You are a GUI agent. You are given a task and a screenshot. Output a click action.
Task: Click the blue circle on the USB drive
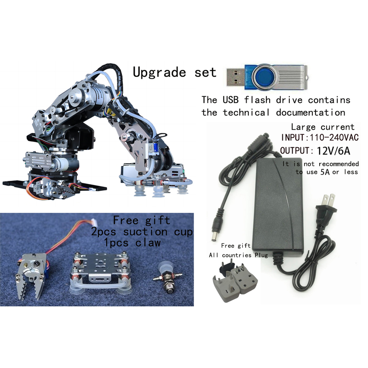[x=264, y=77]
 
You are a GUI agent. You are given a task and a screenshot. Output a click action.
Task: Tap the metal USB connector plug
[x=236, y=77]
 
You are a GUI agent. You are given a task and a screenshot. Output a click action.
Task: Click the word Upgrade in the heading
[x=159, y=72]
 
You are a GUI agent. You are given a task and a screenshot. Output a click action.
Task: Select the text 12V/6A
[x=333, y=151]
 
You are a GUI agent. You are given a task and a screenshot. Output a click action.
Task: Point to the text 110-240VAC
[x=334, y=137]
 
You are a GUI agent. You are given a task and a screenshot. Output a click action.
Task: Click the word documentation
[x=310, y=113]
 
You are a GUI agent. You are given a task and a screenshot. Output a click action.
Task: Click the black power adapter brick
[x=278, y=207]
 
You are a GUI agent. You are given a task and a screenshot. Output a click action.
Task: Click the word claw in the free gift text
[x=148, y=243]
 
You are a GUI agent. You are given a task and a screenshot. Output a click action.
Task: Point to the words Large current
[x=323, y=127]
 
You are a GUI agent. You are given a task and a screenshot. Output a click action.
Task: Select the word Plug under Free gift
[x=261, y=255]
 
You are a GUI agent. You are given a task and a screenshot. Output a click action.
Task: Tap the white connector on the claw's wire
[x=94, y=221]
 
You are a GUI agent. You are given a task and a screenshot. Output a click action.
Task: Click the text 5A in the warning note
[x=325, y=172]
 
